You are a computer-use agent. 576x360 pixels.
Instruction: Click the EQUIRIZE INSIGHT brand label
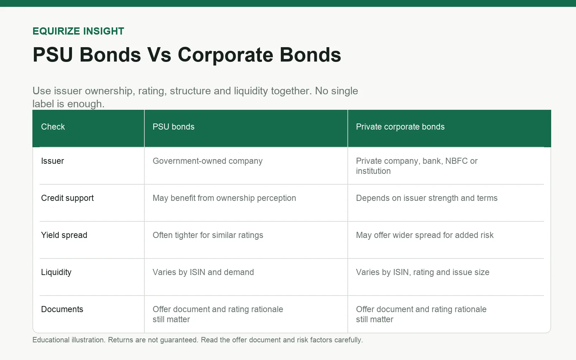pyautogui.click(x=78, y=31)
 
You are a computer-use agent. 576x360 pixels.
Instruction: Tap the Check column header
pyautogui.click(x=53, y=127)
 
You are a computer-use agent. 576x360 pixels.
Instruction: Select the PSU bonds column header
pyautogui.click(x=174, y=127)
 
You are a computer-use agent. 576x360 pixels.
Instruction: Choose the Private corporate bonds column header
pyautogui.click(x=400, y=127)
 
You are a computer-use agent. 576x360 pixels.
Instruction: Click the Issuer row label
pyautogui.click(x=53, y=161)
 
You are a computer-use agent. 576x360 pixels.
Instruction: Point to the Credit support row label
pyautogui.click(x=67, y=198)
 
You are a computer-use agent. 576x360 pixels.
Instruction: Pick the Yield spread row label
pyautogui.click(x=64, y=235)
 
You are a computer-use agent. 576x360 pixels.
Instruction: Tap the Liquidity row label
pyautogui.click(x=56, y=272)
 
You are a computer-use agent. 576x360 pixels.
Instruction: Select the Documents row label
pyautogui.click(x=62, y=309)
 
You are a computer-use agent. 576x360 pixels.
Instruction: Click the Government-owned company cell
pyautogui.click(x=207, y=161)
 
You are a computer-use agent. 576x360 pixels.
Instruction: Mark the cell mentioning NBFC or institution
pyautogui.click(x=417, y=166)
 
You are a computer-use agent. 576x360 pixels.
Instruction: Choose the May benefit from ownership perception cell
pyautogui.click(x=224, y=198)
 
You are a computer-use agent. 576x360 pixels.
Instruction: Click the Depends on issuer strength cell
pyautogui.click(x=427, y=198)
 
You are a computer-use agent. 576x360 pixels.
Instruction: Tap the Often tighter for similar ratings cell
pyautogui.click(x=208, y=235)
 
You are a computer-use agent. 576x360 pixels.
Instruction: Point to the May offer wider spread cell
pyautogui.click(x=425, y=235)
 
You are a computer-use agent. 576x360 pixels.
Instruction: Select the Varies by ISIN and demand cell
pyautogui.click(x=203, y=272)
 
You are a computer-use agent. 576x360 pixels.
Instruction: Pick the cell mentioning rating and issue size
pyautogui.click(x=423, y=272)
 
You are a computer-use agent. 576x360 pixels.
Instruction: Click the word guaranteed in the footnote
pyautogui.click(x=179, y=340)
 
